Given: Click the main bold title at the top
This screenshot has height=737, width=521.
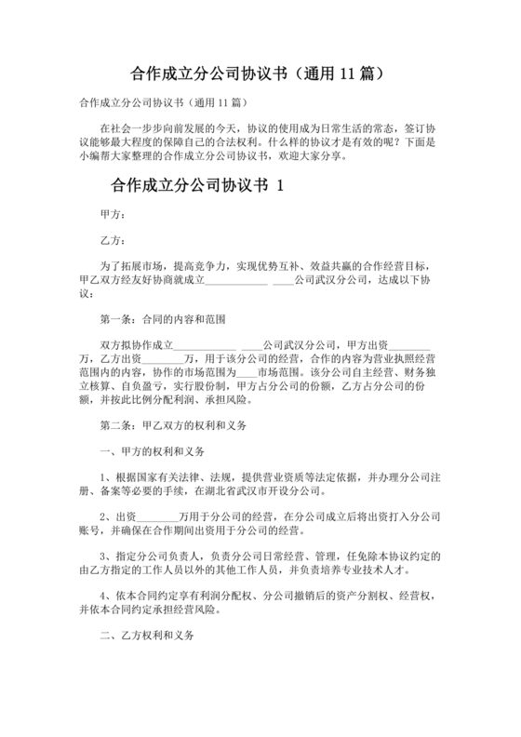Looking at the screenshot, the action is (x=260, y=72).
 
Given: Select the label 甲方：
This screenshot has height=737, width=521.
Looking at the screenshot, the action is (x=114, y=214).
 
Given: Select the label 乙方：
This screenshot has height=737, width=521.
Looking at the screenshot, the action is (x=114, y=239).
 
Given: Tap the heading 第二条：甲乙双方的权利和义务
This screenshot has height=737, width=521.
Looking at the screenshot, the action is (x=171, y=426).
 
